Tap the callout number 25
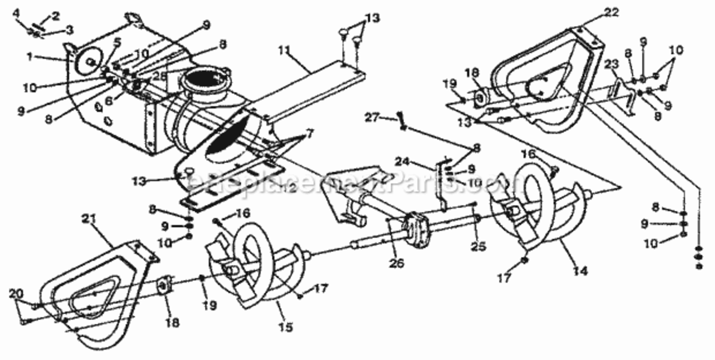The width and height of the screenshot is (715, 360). point(478,247)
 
